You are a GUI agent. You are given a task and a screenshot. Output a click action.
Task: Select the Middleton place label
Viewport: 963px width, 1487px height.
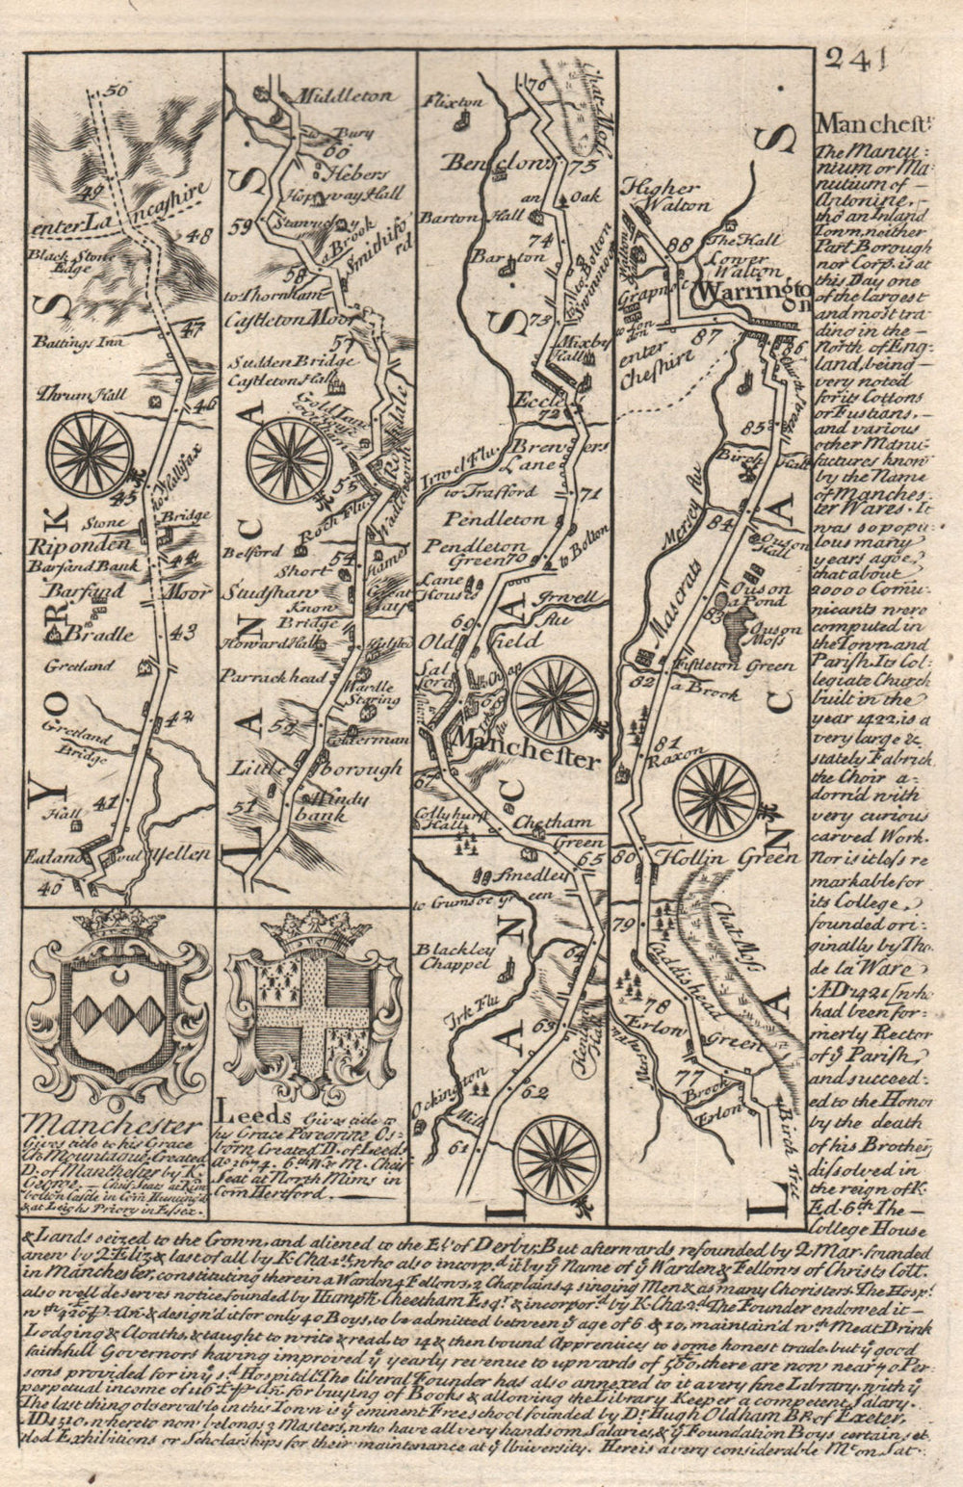coord(333,96)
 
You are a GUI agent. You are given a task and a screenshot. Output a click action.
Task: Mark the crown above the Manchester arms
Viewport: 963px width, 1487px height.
coord(118,923)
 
